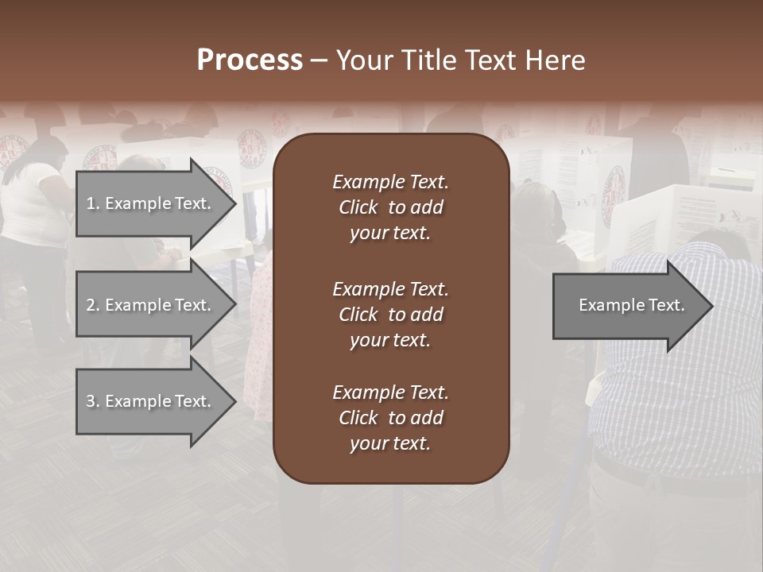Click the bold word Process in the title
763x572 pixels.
[x=250, y=60]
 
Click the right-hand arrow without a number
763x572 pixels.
[x=628, y=306]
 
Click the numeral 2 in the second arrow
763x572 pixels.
[x=91, y=305]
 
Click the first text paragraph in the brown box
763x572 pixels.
[x=390, y=207]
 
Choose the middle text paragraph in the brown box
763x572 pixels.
[x=390, y=315]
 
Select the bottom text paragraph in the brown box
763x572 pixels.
[x=390, y=418]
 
